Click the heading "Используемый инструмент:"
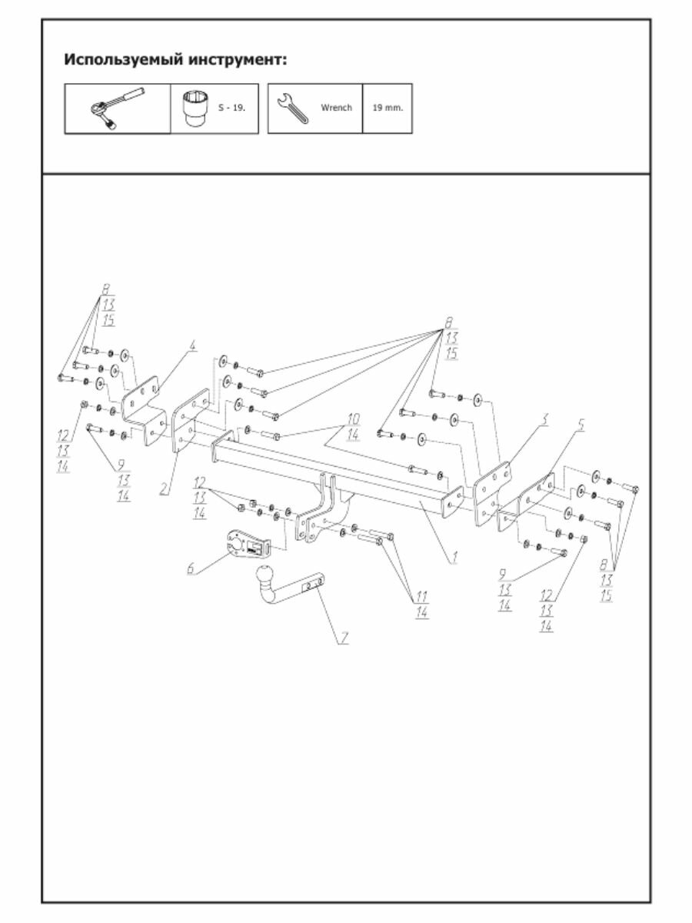[175, 59]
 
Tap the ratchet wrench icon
[117, 108]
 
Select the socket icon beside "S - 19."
[193, 108]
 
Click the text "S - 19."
[231, 108]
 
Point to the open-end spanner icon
[292, 108]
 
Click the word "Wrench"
[336, 108]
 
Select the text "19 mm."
[387, 108]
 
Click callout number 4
[193, 345]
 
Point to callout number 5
[581, 424]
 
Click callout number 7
[345, 638]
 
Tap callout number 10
[353, 419]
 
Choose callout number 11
[422, 597]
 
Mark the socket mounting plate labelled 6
[248, 545]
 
